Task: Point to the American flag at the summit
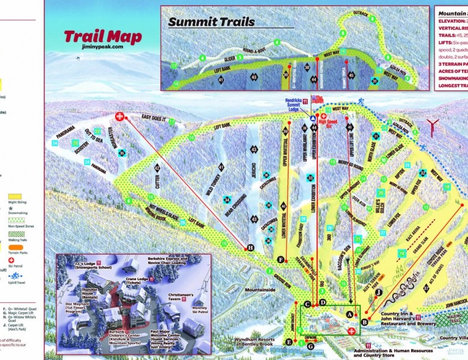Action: click(317, 99)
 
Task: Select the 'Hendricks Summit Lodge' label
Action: click(297, 104)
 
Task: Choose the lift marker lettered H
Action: click(251, 247)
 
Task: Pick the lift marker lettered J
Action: click(379, 292)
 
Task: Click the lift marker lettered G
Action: click(310, 346)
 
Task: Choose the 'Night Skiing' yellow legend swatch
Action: click(14, 196)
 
